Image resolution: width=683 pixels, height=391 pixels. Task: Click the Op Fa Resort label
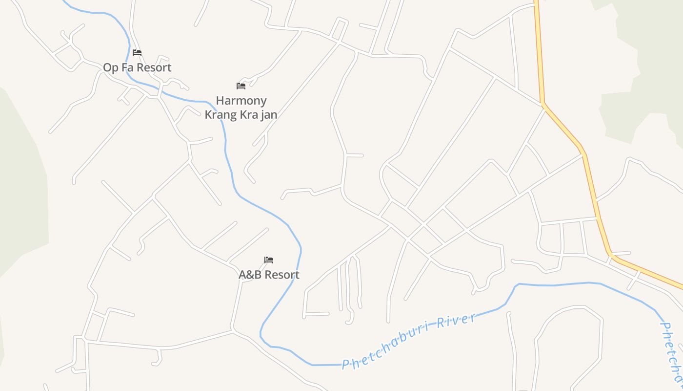pos(137,67)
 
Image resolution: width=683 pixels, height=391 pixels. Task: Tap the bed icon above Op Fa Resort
pos(137,53)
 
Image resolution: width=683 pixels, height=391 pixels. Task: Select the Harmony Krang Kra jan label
pos(241,108)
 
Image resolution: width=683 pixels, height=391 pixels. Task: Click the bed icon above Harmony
pos(241,86)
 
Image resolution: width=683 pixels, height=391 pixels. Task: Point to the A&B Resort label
pos(269,275)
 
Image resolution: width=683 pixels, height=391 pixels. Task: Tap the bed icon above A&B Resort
pos(269,260)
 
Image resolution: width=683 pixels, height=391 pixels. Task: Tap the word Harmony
pos(241,101)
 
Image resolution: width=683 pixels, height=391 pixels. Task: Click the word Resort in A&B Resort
pos(281,275)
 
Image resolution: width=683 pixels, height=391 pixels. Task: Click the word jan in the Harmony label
pos(268,115)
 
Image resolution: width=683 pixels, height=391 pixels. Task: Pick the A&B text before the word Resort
pos(250,275)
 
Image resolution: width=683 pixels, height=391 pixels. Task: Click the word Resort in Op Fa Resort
pos(154,67)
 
